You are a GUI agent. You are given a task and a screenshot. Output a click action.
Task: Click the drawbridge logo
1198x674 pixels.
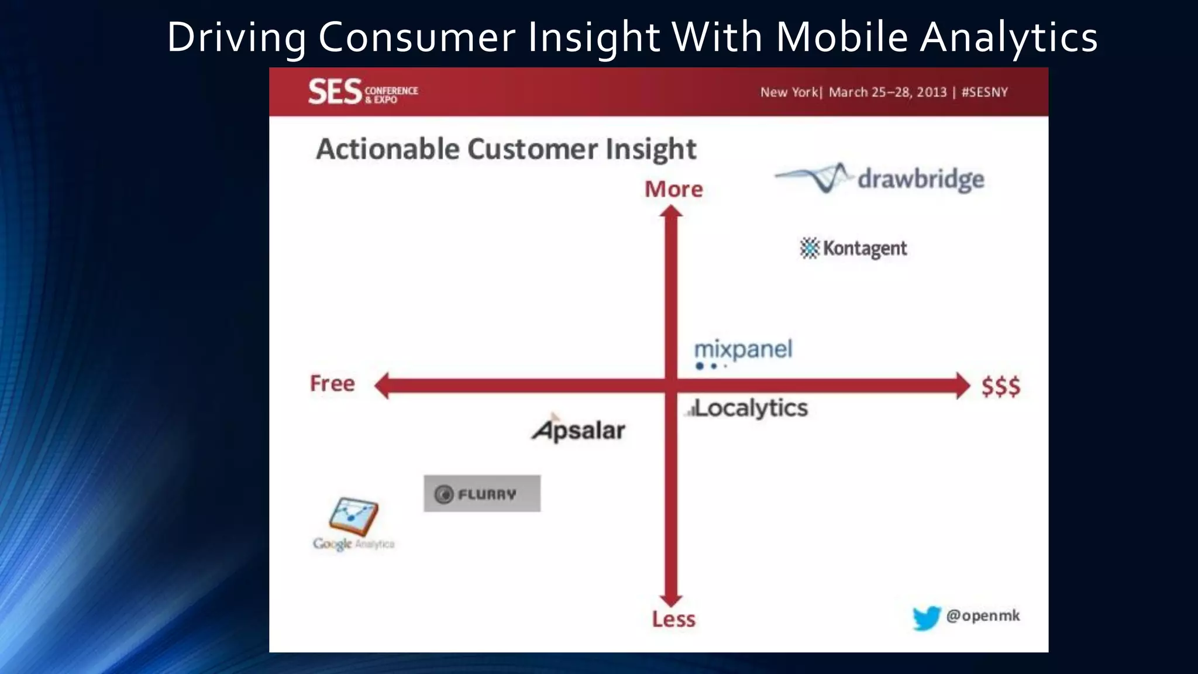pyautogui.click(x=880, y=178)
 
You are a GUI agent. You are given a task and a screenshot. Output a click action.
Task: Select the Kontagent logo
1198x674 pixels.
pyautogui.click(x=853, y=249)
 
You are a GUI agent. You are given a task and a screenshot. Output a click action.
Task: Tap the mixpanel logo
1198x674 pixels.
pyautogui.click(x=743, y=353)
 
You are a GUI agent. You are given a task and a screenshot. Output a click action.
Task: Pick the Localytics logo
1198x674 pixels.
pyautogui.click(x=748, y=408)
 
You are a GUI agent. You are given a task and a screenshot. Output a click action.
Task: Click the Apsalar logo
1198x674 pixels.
pyautogui.click(x=579, y=430)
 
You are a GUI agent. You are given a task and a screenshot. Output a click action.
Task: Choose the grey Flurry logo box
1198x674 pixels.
pyautogui.click(x=482, y=494)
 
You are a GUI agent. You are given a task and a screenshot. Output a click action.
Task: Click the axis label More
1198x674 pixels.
pyautogui.click(x=673, y=190)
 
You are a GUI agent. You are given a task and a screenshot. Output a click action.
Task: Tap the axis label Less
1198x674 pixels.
pyautogui.click(x=673, y=619)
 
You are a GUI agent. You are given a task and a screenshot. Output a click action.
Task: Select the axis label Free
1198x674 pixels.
pyautogui.click(x=332, y=384)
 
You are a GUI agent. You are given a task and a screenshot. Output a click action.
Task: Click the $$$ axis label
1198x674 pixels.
pyautogui.click(x=1001, y=387)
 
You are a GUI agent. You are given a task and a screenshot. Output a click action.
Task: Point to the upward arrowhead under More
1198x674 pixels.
pyautogui.click(x=671, y=212)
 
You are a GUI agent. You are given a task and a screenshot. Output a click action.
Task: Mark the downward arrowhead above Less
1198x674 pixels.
pyautogui.click(x=671, y=600)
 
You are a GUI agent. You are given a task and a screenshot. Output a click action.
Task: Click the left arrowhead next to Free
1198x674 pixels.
pyautogui.click(x=382, y=386)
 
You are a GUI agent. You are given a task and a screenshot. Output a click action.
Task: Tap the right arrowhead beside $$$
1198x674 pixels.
pyautogui.click(x=963, y=386)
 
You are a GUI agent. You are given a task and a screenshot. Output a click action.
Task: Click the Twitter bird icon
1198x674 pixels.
pyautogui.click(x=926, y=618)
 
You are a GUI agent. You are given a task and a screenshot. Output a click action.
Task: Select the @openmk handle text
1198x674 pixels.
pyautogui.click(x=983, y=615)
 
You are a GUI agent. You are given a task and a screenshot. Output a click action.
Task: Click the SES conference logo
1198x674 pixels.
pyautogui.click(x=363, y=92)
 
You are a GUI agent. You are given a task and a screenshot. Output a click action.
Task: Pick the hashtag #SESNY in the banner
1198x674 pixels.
pyautogui.click(x=984, y=92)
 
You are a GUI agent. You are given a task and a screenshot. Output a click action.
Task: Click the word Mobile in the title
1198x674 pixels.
pyautogui.click(x=841, y=37)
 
